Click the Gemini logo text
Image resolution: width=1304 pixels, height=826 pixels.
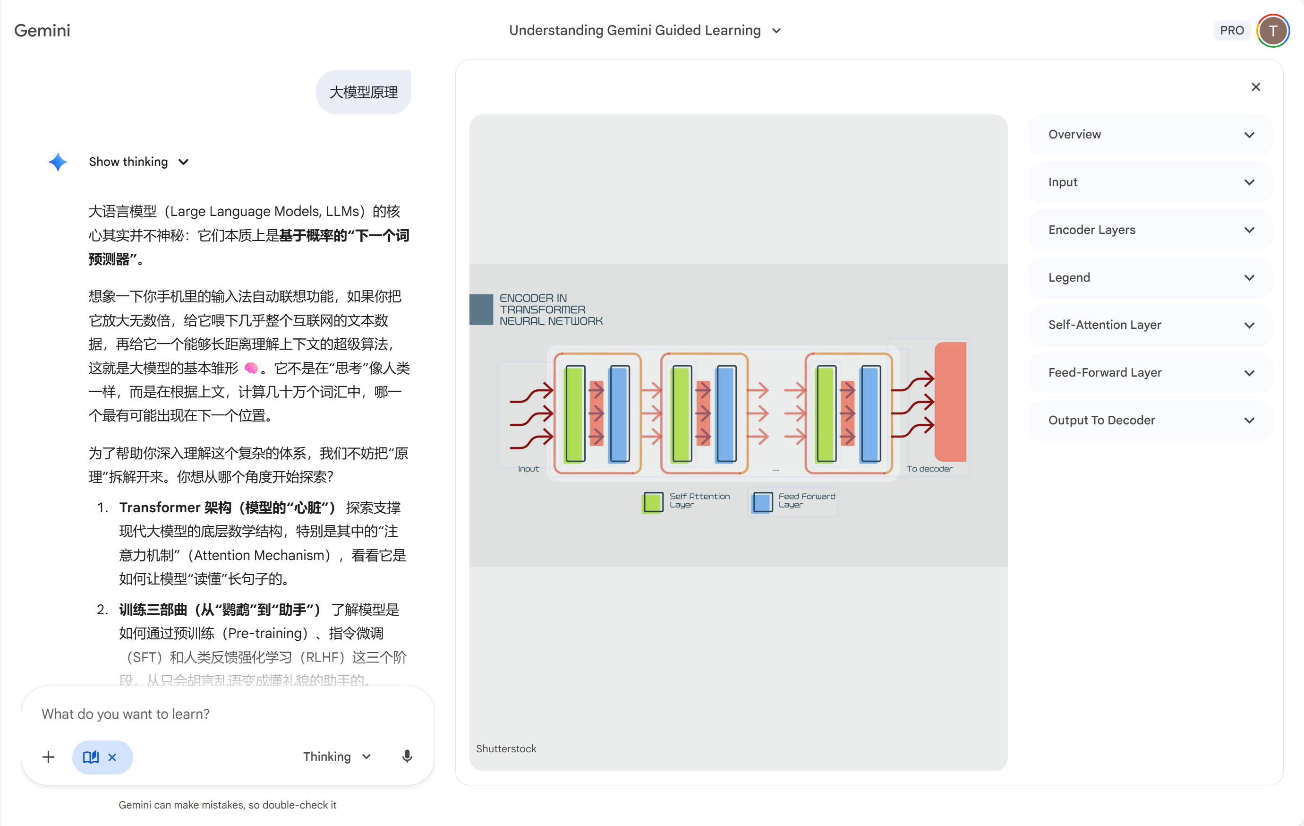point(42,30)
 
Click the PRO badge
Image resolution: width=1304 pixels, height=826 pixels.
point(1231,30)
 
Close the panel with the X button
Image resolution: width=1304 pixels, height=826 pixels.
point(1256,87)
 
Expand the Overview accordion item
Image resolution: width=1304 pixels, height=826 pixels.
point(1150,135)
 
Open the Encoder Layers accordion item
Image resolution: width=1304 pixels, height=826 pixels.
point(1150,230)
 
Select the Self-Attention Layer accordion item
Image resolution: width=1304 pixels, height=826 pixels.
point(1150,325)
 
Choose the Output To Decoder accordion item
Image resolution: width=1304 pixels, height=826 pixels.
point(1150,420)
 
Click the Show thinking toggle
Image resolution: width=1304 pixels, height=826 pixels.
point(138,162)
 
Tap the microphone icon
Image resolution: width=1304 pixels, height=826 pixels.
point(407,757)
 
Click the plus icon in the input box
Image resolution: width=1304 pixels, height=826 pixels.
point(48,757)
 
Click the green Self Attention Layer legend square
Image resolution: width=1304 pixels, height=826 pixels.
point(653,502)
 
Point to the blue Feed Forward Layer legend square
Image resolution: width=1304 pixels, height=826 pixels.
point(762,502)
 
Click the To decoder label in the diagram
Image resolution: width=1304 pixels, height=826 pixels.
point(929,468)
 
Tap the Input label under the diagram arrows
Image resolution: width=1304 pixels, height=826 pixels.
point(528,468)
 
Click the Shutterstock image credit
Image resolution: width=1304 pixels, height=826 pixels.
point(506,749)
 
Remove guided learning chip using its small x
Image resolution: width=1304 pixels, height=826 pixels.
point(112,757)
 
